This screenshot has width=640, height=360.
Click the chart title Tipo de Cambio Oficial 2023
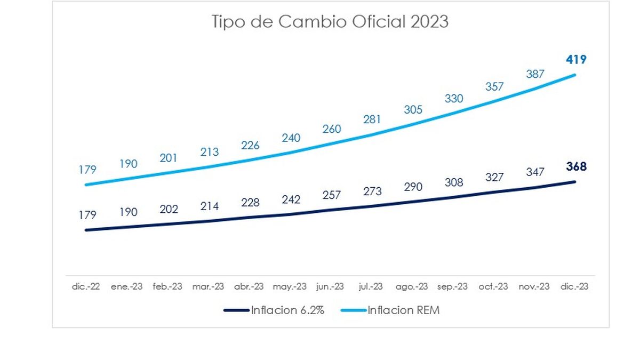(x=330, y=22)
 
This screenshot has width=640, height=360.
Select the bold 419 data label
(x=576, y=60)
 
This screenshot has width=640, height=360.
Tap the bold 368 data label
(x=576, y=167)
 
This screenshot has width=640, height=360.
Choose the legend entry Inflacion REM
(x=404, y=310)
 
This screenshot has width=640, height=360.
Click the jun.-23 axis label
(x=330, y=286)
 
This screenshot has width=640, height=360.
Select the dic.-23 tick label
(x=575, y=286)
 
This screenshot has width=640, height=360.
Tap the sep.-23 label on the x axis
(x=453, y=286)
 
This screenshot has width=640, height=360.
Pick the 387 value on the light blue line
(x=535, y=74)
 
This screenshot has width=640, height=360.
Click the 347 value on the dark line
(x=535, y=172)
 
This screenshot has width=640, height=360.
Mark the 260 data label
(x=332, y=129)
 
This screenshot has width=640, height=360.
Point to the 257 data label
(x=332, y=195)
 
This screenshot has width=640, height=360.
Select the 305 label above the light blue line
(x=413, y=110)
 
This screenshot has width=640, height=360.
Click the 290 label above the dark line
(x=413, y=187)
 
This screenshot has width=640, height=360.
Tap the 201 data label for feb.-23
(x=169, y=158)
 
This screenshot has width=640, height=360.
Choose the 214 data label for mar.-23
(x=210, y=206)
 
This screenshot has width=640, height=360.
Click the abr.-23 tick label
(x=249, y=286)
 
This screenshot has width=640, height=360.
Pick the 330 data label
(x=454, y=99)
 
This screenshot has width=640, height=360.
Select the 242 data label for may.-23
(x=291, y=199)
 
